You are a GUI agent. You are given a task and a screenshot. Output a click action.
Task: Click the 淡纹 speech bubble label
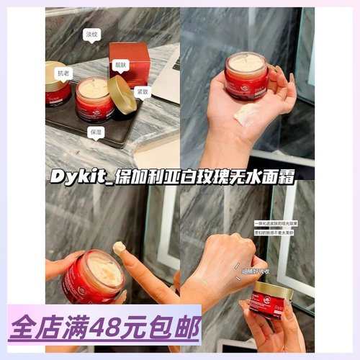click(91, 34)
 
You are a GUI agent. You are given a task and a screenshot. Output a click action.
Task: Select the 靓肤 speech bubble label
click(120, 63)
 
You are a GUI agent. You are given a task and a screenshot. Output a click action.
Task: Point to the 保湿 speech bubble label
click(97, 132)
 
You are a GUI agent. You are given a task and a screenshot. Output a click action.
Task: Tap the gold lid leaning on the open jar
click(121, 94)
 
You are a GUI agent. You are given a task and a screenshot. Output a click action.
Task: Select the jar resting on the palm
click(246, 74)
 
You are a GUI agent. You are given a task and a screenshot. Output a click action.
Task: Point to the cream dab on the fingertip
click(119, 249)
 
